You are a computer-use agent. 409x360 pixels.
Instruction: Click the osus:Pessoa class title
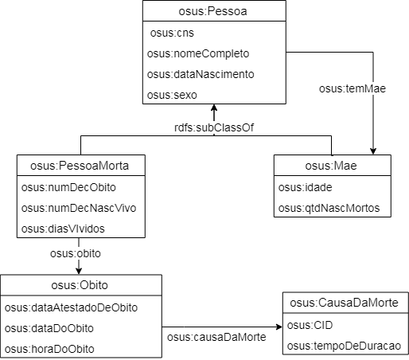(212, 11)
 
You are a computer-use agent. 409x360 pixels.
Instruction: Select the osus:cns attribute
(172, 33)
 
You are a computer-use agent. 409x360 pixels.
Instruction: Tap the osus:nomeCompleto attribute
(198, 53)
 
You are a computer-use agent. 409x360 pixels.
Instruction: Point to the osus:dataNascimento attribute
(201, 74)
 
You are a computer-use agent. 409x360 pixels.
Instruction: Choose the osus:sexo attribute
(172, 95)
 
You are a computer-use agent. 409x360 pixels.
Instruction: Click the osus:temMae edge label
(353, 88)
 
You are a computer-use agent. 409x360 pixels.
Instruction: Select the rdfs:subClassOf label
(214, 127)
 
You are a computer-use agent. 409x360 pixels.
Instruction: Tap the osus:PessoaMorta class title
(80, 166)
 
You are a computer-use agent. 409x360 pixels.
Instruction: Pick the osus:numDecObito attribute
(68, 187)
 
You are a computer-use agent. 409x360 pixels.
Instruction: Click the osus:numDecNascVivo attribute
(79, 208)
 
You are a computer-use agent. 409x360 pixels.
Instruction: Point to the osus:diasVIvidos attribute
(63, 229)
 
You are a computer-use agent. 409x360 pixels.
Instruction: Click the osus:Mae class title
(331, 166)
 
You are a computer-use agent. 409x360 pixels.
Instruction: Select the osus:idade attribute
(305, 187)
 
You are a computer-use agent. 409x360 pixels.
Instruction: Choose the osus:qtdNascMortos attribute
(329, 208)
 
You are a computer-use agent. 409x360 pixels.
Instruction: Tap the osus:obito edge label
(76, 253)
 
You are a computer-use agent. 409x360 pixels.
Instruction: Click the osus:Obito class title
(80, 285)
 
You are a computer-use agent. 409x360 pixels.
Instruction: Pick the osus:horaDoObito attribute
(49, 349)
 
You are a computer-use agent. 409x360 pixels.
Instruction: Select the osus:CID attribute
(310, 325)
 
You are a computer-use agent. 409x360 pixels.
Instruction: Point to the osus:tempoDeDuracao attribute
(344, 346)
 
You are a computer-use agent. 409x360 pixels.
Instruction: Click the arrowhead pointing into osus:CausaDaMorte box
(279, 327)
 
